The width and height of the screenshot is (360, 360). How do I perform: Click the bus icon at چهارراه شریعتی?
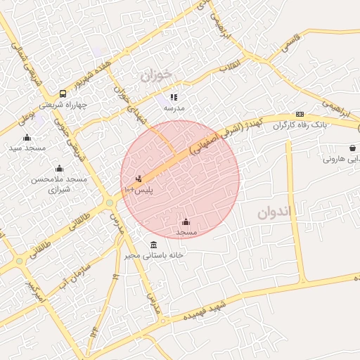[x=63, y=94]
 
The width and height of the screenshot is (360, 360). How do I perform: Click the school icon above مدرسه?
[x=174, y=98]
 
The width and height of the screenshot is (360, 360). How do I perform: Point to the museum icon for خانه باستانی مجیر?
[x=154, y=244]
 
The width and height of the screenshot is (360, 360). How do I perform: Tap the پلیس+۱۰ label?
[x=139, y=190]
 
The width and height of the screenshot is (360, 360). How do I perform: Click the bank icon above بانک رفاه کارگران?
[x=300, y=115]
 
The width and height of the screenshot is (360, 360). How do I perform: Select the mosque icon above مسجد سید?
[x=27, y=137]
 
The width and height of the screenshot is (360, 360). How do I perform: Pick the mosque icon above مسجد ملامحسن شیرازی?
[x=59, y=168]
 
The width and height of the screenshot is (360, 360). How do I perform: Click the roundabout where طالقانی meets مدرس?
[x=110, y=203]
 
